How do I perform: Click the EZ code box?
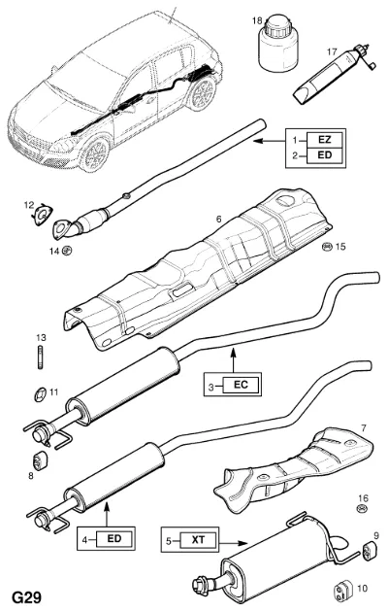point(325,139)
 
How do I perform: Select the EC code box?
point(241,385)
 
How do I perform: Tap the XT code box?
point(198,540)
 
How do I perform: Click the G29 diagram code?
point(27,597)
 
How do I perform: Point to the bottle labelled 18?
point(278,44)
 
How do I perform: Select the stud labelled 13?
point(41,357)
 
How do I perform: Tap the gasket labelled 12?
point(42,216)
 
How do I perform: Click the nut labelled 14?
point(68,251)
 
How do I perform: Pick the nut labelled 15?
point(328,247)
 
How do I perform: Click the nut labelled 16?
point(362,509)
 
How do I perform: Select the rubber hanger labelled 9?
point(370,551)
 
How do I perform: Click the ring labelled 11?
point(40,394)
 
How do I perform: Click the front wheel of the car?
point(95,153)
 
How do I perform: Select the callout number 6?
point(218,220)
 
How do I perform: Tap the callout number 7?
point(364,428)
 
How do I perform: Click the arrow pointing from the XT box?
point(234,543)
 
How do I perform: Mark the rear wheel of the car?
point(202,93)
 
